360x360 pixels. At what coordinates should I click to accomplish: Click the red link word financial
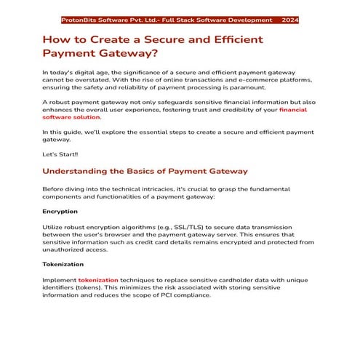click(292, 109)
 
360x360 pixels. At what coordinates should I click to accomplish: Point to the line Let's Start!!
click(60, 154)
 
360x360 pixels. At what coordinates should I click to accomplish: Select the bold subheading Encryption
click(60, 212)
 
